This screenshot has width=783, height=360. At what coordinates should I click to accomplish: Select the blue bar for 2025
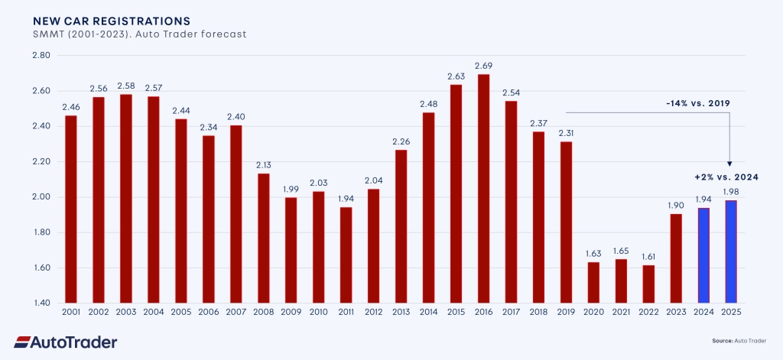pyautogui.click(x=731, y=251)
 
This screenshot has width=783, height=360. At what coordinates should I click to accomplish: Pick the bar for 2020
pyautogui.click(x=593, y=282)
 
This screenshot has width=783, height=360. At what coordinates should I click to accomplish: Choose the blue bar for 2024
pyautogui.click(x=703, y=255)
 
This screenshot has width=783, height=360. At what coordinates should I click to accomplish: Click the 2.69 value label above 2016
pyautogui.click(x=483, y=66)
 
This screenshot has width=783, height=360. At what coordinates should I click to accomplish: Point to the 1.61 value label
pyautogui.click(x=648, y=257)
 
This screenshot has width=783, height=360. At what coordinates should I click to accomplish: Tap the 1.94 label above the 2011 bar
pyautogui.click(x=346, y=199)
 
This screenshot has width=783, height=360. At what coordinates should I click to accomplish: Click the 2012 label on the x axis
pyautogui.click(x=373, y=313)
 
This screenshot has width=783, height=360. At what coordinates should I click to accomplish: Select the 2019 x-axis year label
pyautogui.click(x=566, y=313)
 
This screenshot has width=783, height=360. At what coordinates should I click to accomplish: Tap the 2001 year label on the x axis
pyautogui.click(x=70, y=313)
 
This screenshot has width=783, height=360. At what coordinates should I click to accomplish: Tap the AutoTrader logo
pyautogui.click(x=66, y=342)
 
